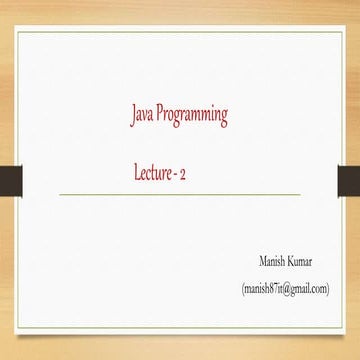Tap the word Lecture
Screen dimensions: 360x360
pos(158,172)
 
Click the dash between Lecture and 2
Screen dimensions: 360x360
pos(189,174)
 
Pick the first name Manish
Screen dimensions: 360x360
pos(272,261)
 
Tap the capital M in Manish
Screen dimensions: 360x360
pos(261,261)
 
